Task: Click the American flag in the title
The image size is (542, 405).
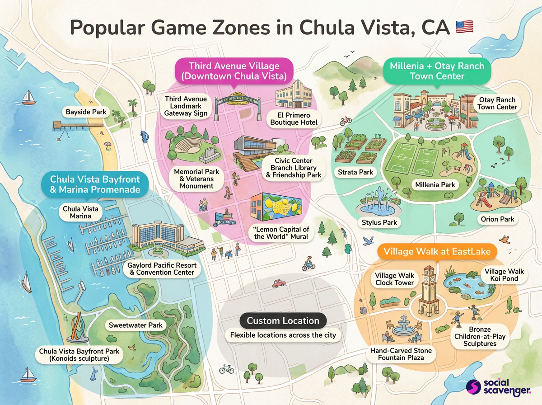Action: (x=464, y=27)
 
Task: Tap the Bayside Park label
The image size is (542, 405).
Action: (x=86, y=112)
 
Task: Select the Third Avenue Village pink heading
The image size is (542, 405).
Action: (x=234, y=71)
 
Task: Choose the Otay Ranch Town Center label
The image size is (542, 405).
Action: (x=496, y=104)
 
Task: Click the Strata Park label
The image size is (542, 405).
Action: (x=355, y=172)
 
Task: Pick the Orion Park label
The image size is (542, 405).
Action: (x=497, y=219)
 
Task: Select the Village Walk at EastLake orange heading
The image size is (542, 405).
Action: (x=437, y=251)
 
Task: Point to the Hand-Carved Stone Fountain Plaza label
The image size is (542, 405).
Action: (x=401, y=354)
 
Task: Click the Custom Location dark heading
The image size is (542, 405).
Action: (x=283, y=321)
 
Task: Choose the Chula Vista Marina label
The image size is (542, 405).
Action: (x=80, y=212)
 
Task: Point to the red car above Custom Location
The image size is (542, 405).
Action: (x=279, y=283)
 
